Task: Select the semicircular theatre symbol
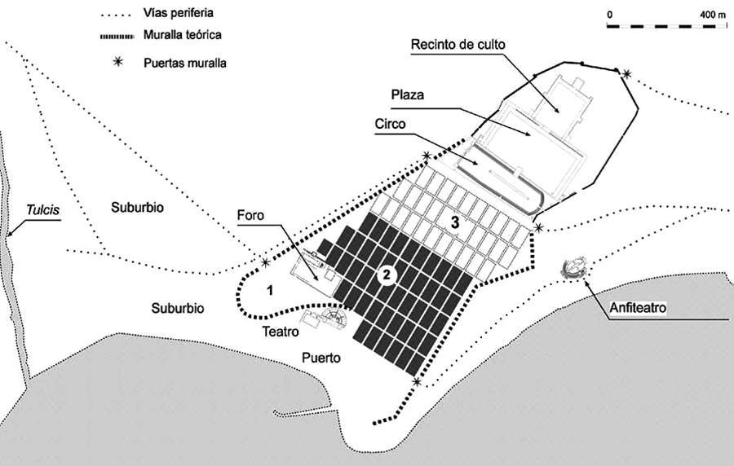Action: click(x=334, y=315)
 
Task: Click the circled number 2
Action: click(x=388, y=276)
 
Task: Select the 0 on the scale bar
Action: click(x=609, y=15)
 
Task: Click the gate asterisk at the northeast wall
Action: click(x=626, y=75)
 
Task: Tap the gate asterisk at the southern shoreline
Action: click(x=418, y=381)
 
